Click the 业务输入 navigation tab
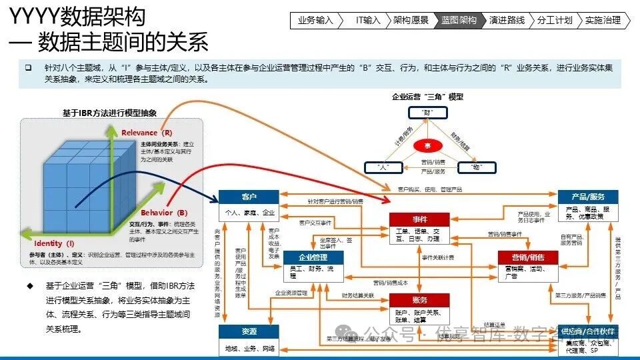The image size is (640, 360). (x=315, y=20)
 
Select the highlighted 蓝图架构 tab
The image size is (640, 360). (x=459, y=20)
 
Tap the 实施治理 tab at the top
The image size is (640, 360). (x=603, y=20)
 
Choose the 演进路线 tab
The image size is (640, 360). (x=507, y=20)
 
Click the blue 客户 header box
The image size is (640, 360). (x=249, y=197)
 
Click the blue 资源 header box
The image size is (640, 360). (x=249, y=331)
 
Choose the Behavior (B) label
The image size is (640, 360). (x=164, y=213)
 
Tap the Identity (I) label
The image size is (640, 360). (x=54, y=244)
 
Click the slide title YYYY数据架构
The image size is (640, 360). (x=77, y=16)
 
